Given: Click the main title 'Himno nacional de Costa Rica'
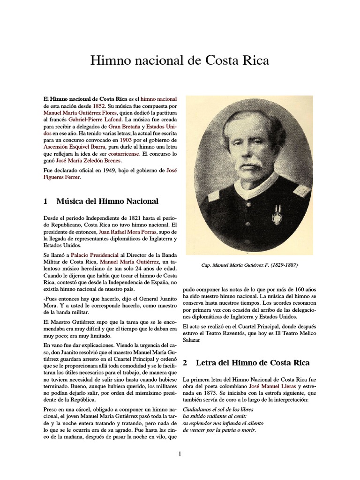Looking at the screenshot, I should click(180, 61).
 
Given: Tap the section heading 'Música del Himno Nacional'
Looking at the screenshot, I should click(107, 201).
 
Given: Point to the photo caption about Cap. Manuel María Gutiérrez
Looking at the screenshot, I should click(249, 265).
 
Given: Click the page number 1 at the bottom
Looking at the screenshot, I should click(179, 453).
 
